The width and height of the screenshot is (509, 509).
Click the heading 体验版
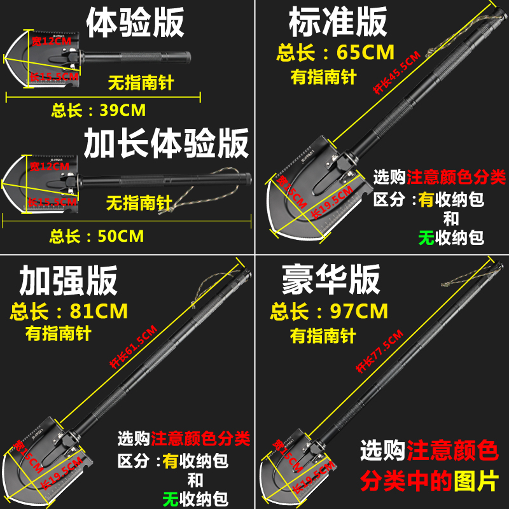coord(135,23)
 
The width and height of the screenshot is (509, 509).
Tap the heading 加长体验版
coord(167,143)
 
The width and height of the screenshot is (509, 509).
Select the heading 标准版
coord(338,23)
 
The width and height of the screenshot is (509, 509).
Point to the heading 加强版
coord(68,279)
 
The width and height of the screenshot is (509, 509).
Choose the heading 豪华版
coord(331,279)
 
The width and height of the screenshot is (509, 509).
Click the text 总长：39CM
coord(99,110)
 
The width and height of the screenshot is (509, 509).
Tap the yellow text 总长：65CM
coord(335,52)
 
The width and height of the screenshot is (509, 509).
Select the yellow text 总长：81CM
coord(69,312)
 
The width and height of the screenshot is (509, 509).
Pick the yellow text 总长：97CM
coord(329,312)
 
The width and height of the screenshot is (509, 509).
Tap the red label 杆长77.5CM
coord(379,351)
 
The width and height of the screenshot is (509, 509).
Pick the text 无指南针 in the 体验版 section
coord(140,82)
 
